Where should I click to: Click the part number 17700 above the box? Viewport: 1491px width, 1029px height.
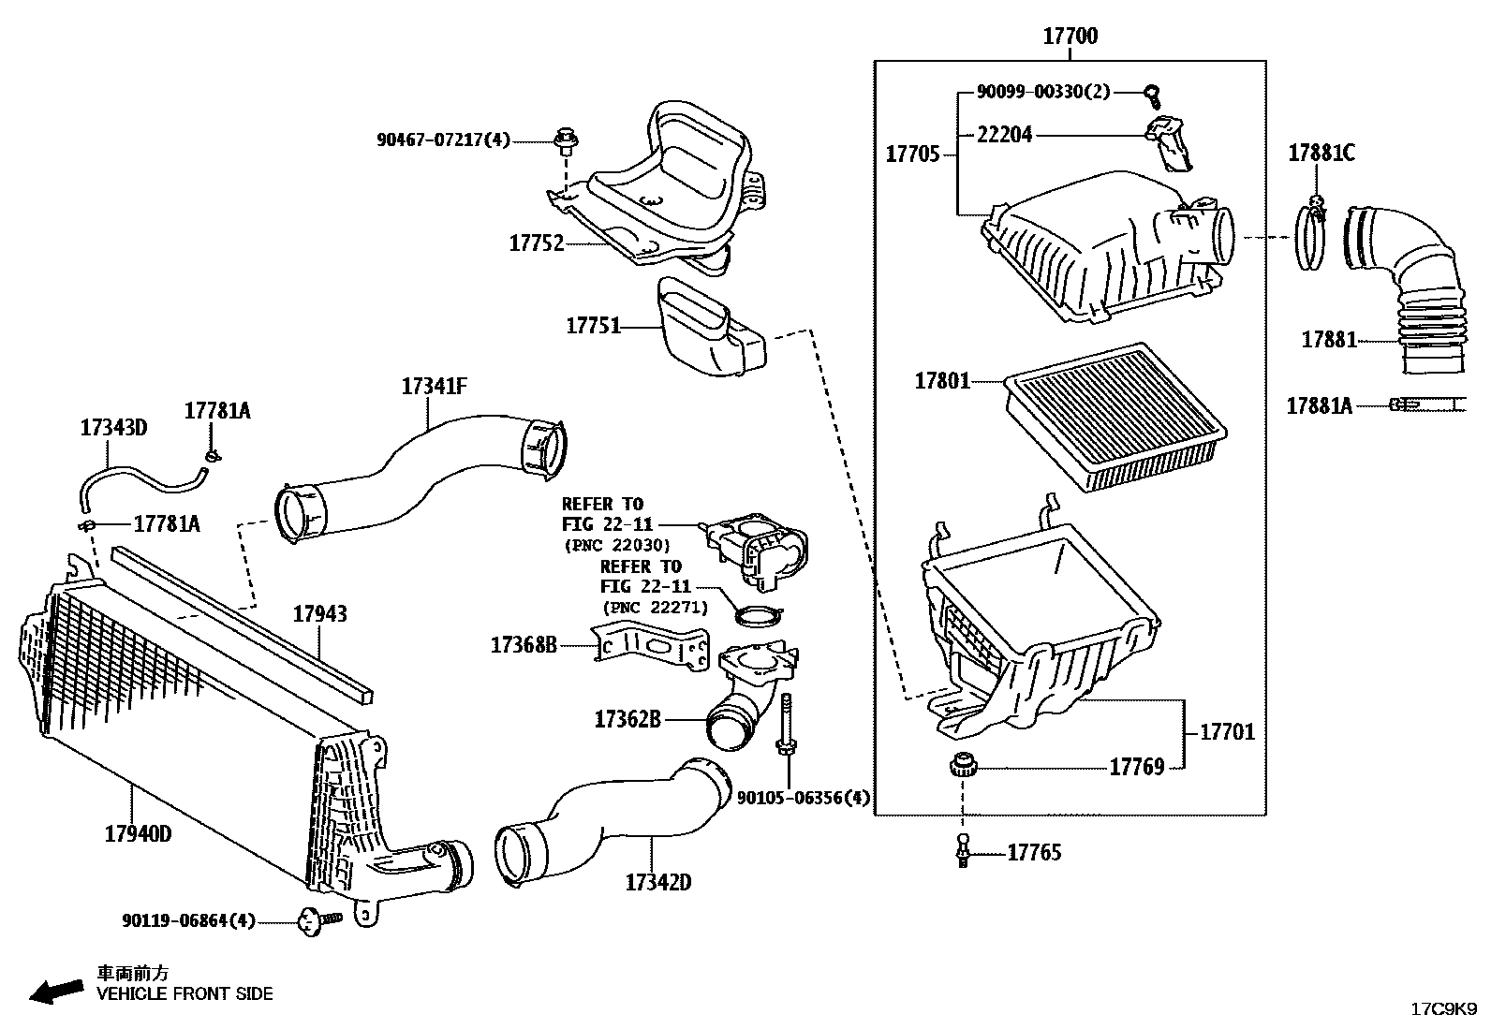coord(1070,37)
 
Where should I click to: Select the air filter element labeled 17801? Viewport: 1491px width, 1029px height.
coord(1115,417)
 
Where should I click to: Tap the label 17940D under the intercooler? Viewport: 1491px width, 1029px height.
coord(138,833)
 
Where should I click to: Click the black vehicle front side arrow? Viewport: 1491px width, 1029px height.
coord(55,991)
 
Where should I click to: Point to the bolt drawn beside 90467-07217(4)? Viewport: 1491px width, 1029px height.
coord(565,141)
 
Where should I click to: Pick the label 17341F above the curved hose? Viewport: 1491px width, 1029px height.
coord(434,386)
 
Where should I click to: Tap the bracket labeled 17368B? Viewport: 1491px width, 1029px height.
coord(652,646)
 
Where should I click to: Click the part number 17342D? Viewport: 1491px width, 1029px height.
coord(657,882)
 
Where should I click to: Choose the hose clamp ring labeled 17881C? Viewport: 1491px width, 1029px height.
coord(1311,239)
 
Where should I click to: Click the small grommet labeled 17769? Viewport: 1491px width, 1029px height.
coord(962,767)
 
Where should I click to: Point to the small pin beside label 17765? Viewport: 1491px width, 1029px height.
coord(963,851)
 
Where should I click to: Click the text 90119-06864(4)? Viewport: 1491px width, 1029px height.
coord(188,921)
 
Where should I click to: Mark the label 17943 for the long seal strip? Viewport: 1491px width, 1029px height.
coord(319,614)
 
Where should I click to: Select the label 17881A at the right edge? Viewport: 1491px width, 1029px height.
coord(1319,405)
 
